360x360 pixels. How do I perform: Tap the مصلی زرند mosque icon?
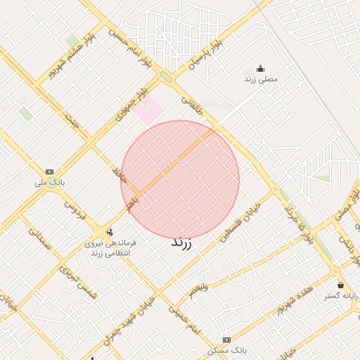click(x=261, y=69)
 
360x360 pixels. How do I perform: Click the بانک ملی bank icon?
click(x=49, y=172)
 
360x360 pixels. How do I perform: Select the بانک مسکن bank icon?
click(x=226, y=340)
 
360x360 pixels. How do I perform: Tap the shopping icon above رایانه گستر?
click(x=341, y=285)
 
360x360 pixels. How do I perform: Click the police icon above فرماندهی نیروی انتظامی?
click(x=109, y=232)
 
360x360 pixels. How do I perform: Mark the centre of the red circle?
click(x=180, y=179)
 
